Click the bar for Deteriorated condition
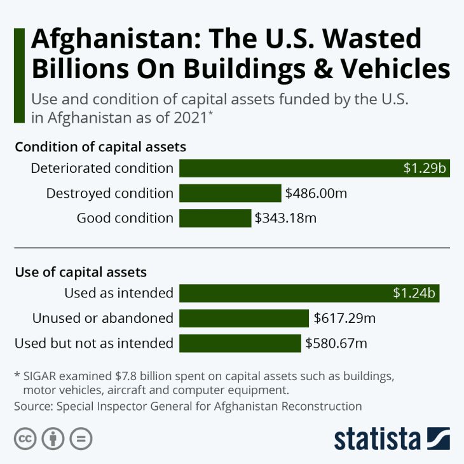(315, 168)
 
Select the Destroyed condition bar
(230, 193)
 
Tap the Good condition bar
(215, 218)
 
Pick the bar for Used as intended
(310, 293)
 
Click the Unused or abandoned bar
(244, 318)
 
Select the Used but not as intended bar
(240, 343)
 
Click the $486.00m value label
(316, 193)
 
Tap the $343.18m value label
(285, 218)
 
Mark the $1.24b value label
(414, 293)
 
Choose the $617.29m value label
(344, 318)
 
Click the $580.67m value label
(336, 343)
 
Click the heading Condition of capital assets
(100, 147)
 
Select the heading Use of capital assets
(81, 272)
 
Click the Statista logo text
(378, 439)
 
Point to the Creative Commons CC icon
(25, 439)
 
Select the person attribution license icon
(53, 439)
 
